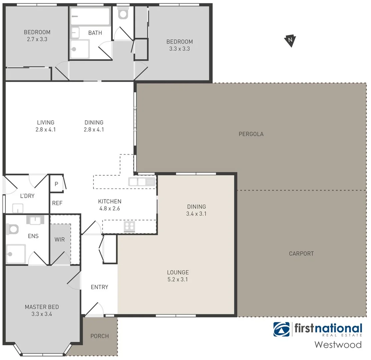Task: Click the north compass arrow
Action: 291,40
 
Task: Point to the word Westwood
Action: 338,344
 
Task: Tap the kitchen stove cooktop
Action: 129,227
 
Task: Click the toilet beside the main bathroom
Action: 123,14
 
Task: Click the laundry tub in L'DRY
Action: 18,208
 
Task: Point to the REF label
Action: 57,203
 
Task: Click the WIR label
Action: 60,239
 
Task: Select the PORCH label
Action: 99,336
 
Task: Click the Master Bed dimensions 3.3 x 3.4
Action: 42,313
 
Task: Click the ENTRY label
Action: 99,287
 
